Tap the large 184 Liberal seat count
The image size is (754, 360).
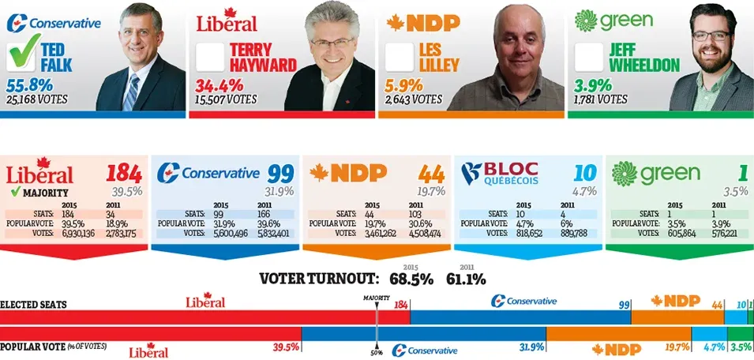[123, 173]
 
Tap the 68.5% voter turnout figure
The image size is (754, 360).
[410, 279]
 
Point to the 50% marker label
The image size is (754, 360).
[377, 352]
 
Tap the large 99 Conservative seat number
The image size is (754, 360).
[279, 173]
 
